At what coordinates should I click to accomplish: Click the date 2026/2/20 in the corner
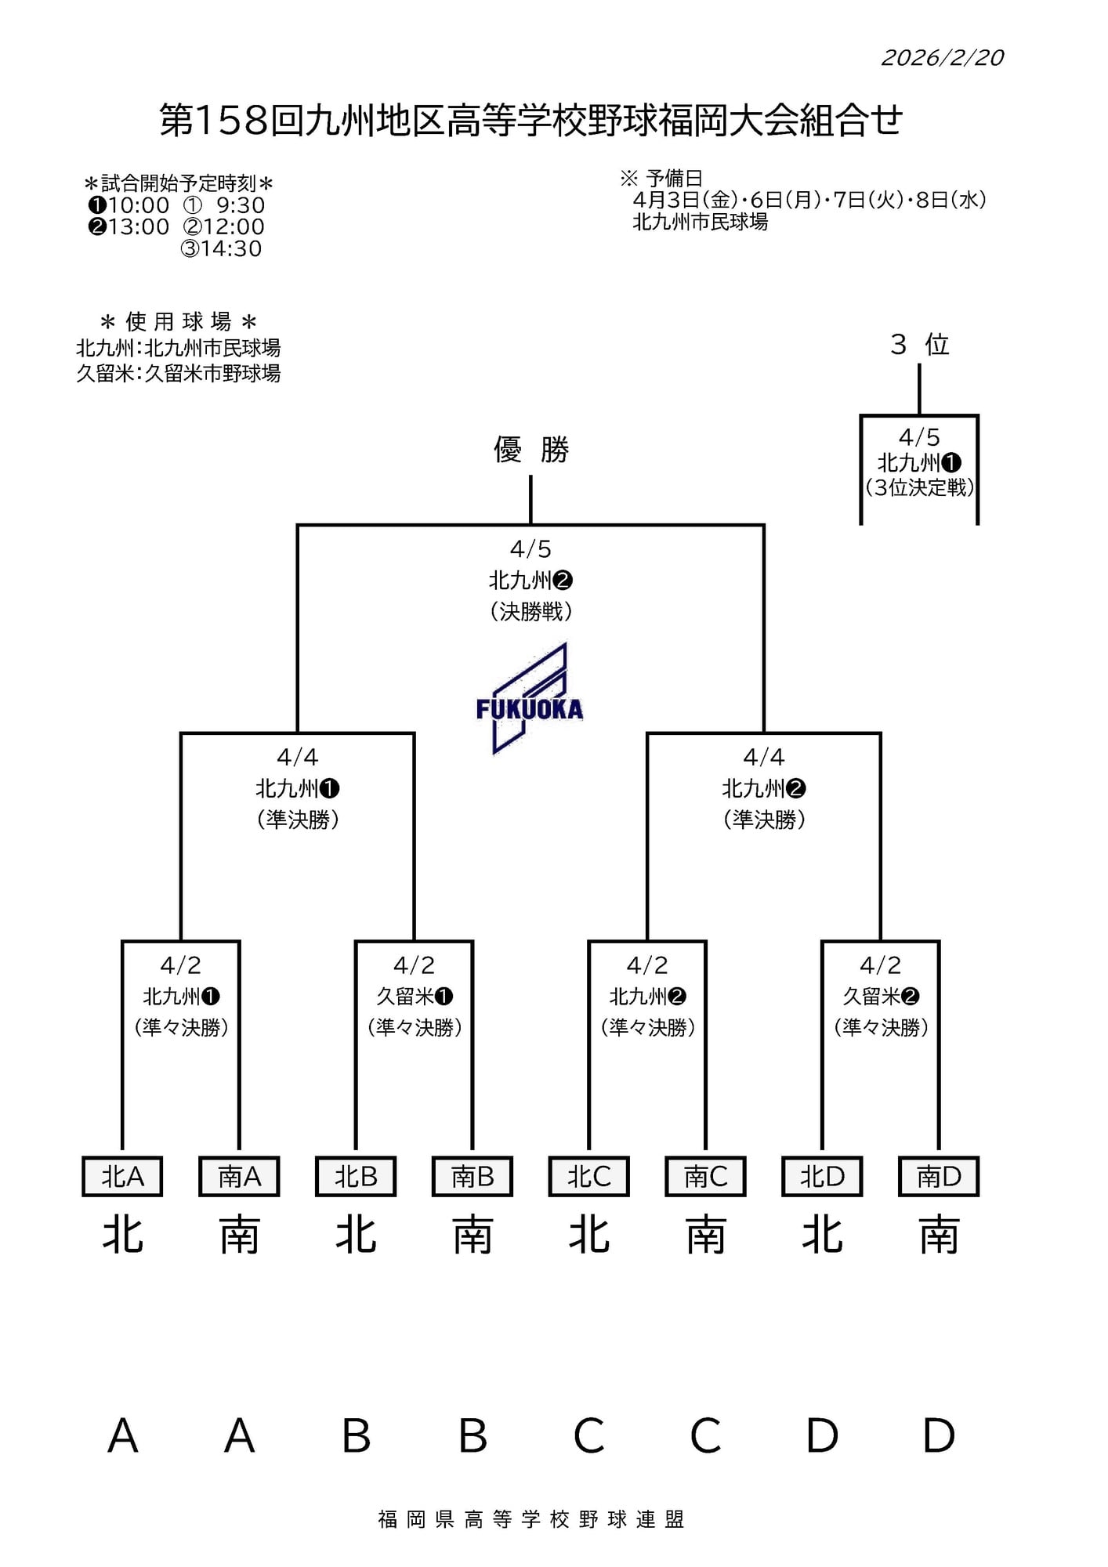click(x=942, y=58)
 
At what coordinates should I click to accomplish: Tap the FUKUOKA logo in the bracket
click(x=529, y=700)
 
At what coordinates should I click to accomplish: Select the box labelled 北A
click(x=122, y=1176)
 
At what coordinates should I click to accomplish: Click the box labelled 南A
click(x=239, y=1176)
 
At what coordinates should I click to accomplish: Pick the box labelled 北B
click(x=356, y=1176)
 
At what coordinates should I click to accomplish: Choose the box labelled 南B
click(x=473, y=1176)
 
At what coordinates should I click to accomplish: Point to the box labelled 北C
click(x=588, y=1176)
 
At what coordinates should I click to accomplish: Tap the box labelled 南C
click(x=705, y=1176)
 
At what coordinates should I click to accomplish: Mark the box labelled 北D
click(x=822, y=1176)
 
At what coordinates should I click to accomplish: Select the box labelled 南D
click(x=939, y=1176)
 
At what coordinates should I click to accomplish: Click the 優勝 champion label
click(x=530, y=450)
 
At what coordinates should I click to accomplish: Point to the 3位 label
click(x=919, y=345)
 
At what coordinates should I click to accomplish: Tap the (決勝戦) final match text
click(x=530, y=611)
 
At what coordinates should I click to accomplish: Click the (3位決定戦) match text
click(x=919, y=487)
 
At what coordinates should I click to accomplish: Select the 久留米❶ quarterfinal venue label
click(x=415, y=996)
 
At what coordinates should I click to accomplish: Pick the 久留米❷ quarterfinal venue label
click(x=881, y=996)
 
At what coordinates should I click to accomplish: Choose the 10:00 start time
click(x=138, y=205)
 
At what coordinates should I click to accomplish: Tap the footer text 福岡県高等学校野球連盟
click(x=530, y=1519)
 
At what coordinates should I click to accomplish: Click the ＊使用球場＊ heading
click(x=179, y=321)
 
